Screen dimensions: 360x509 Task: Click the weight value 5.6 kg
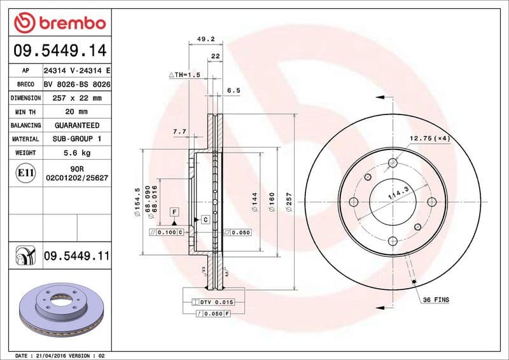coord(76,153)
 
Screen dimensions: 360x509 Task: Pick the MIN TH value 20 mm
coord(76,112)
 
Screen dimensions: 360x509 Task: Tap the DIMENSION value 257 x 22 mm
coord(76,98)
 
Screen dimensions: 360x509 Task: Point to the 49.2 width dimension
coord(205,39)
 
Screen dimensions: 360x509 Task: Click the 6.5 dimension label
coord(234,91)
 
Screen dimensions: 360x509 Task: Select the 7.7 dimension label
coord(179,132)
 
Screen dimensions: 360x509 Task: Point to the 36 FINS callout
coord(436,300)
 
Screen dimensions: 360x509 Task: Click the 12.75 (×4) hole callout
coord(429,138)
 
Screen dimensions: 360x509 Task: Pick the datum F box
coord(174,211)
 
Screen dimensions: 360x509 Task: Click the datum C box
coord(205,219)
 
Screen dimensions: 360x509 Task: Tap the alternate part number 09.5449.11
coord(76,256)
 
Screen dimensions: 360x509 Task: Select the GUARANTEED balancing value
coord(76,125)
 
